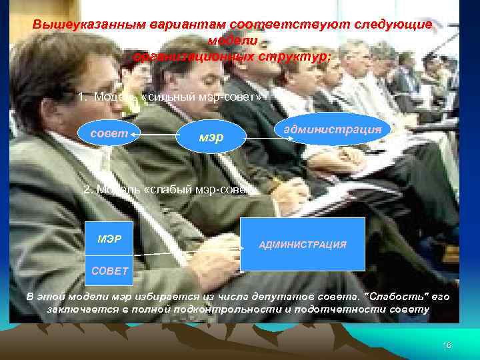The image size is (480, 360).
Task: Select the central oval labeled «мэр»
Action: point(211,138)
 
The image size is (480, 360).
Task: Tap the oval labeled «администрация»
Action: point(331,129)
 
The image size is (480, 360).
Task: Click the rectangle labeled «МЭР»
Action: point(110,239)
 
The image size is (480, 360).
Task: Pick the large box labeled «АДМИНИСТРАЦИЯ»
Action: point(303,244)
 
